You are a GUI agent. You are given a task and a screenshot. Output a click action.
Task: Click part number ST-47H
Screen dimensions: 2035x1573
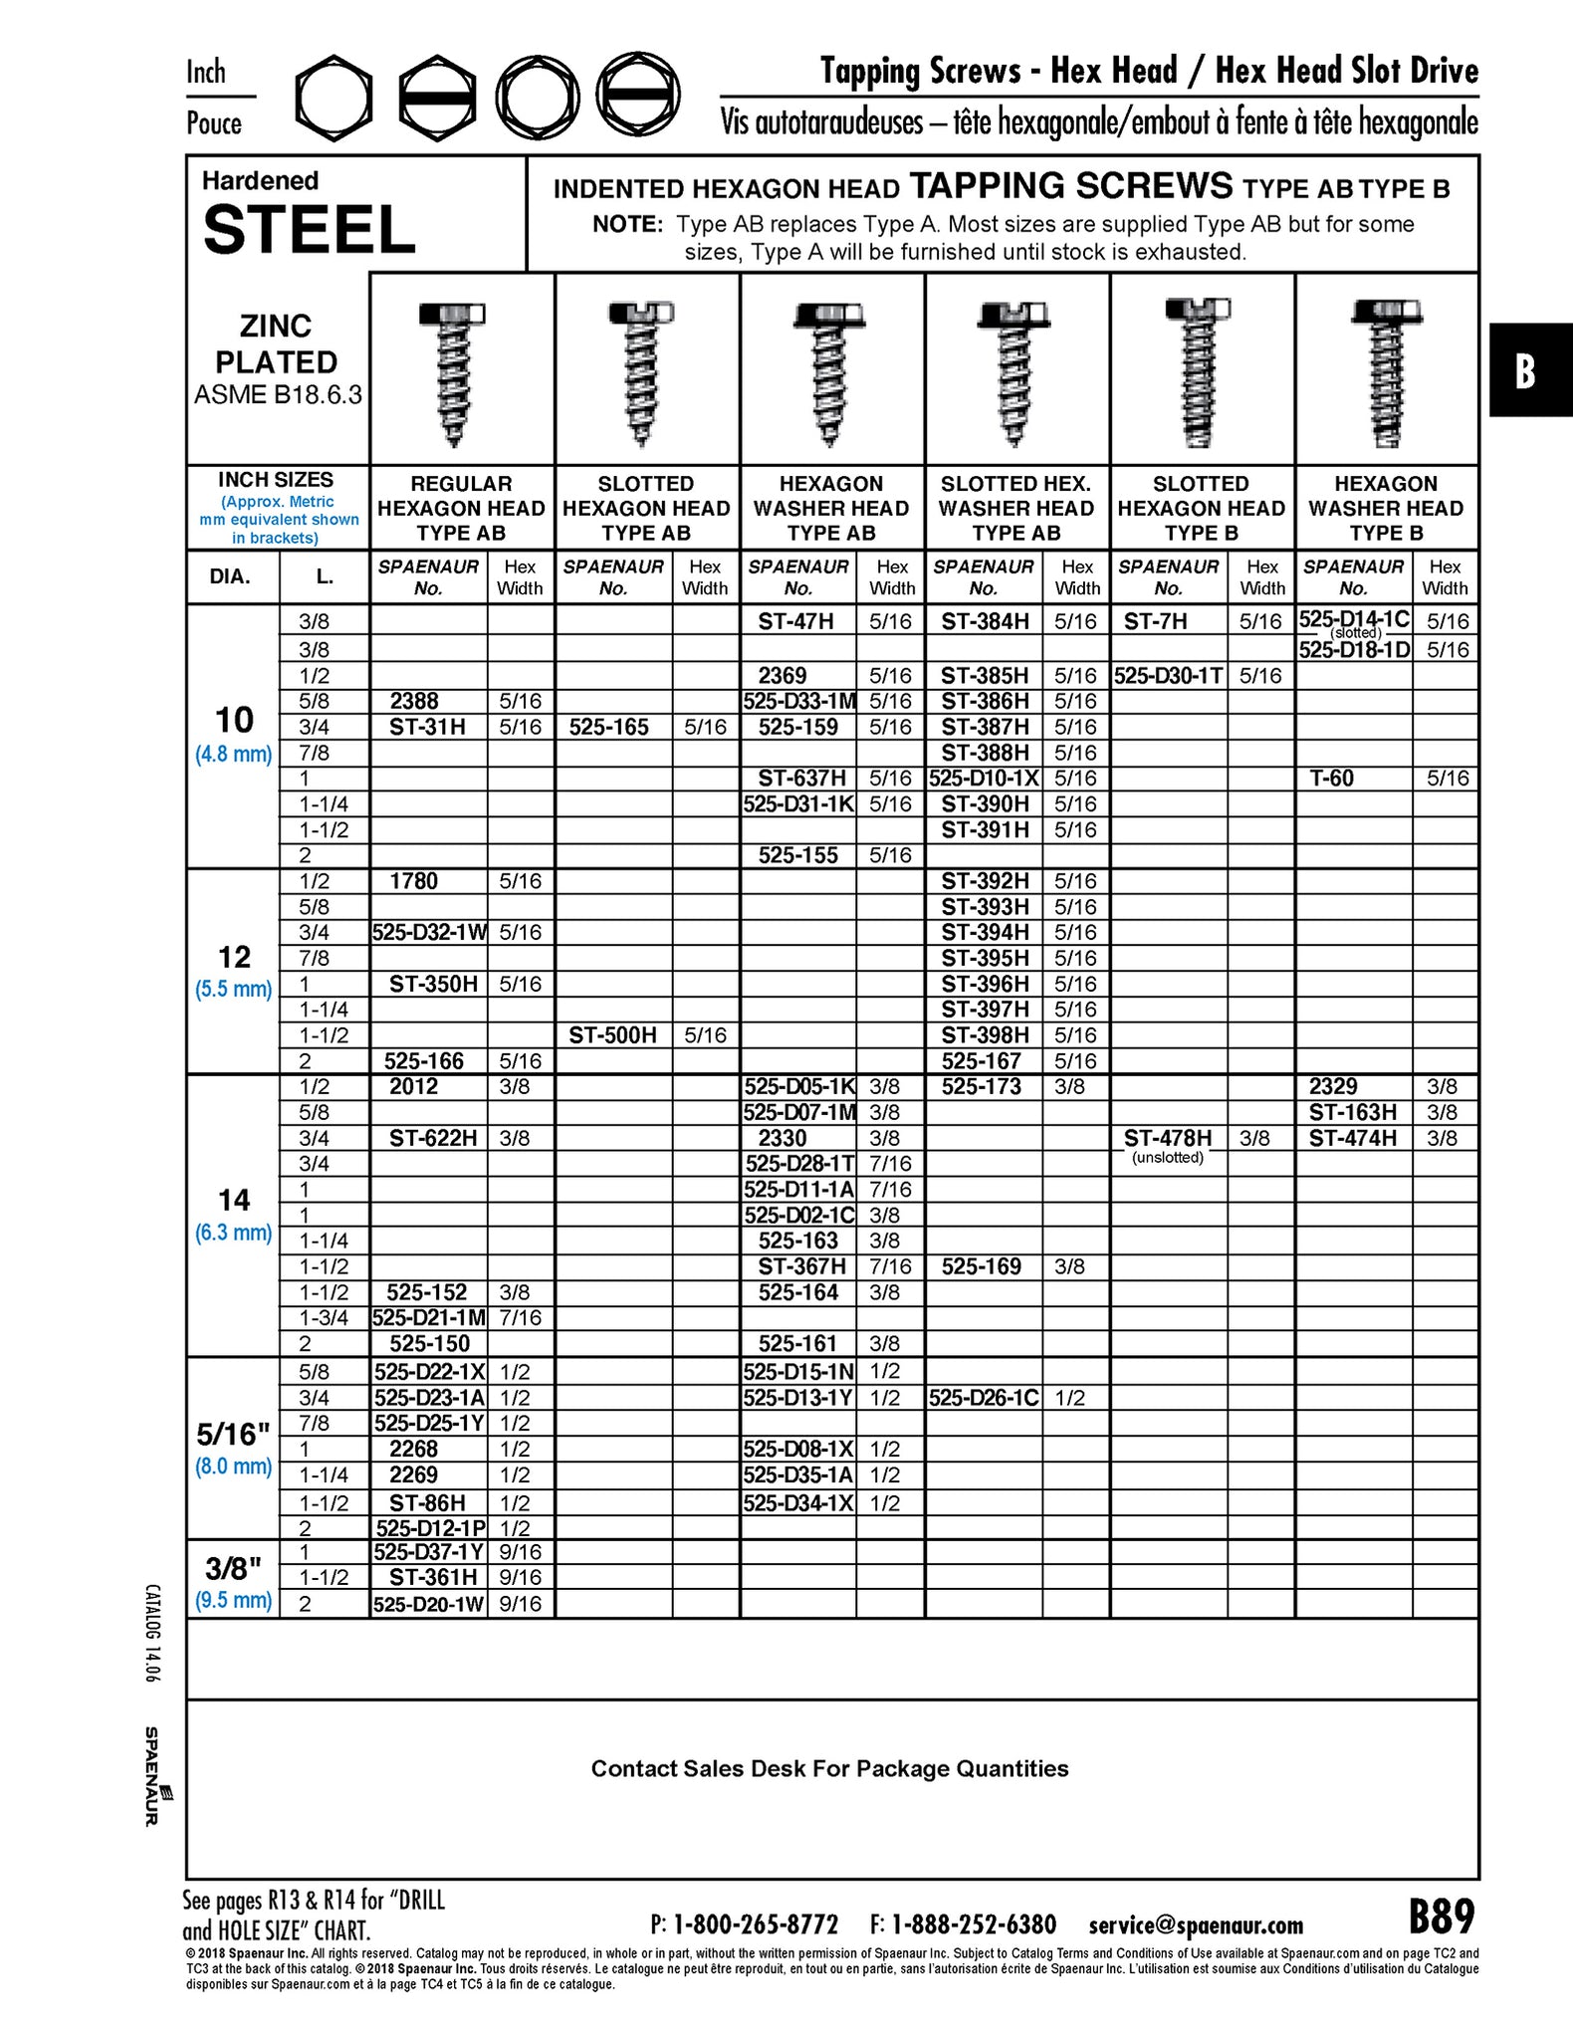795,621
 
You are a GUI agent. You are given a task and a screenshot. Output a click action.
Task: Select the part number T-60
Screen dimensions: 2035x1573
1331,778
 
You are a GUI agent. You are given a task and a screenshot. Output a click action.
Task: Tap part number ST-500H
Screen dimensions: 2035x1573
612,1035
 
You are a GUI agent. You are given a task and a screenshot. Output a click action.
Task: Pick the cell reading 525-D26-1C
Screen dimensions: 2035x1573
983,1398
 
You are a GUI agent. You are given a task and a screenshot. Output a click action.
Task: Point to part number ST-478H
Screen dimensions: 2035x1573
1168,1138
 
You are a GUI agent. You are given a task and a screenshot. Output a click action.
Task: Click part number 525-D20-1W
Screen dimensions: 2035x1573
428,1604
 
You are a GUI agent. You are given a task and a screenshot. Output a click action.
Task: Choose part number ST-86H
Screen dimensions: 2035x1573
428,1503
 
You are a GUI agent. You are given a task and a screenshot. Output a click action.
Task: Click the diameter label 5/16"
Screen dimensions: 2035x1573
233,1435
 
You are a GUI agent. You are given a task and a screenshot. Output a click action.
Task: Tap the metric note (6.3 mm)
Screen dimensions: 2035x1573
233,1233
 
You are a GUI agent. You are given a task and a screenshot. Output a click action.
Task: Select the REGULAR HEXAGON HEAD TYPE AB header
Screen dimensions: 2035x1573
461,508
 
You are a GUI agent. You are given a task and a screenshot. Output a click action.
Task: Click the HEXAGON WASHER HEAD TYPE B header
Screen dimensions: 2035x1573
1386,508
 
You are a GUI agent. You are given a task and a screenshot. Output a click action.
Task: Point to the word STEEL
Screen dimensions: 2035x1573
309,230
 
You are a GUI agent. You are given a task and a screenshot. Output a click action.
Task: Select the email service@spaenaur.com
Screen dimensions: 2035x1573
1196,1924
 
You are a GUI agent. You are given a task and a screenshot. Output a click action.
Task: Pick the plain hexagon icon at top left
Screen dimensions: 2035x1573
334,98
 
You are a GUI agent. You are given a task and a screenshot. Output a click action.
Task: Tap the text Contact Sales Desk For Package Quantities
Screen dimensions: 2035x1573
829,1768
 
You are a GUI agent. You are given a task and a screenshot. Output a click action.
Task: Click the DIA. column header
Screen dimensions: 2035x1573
230,577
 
